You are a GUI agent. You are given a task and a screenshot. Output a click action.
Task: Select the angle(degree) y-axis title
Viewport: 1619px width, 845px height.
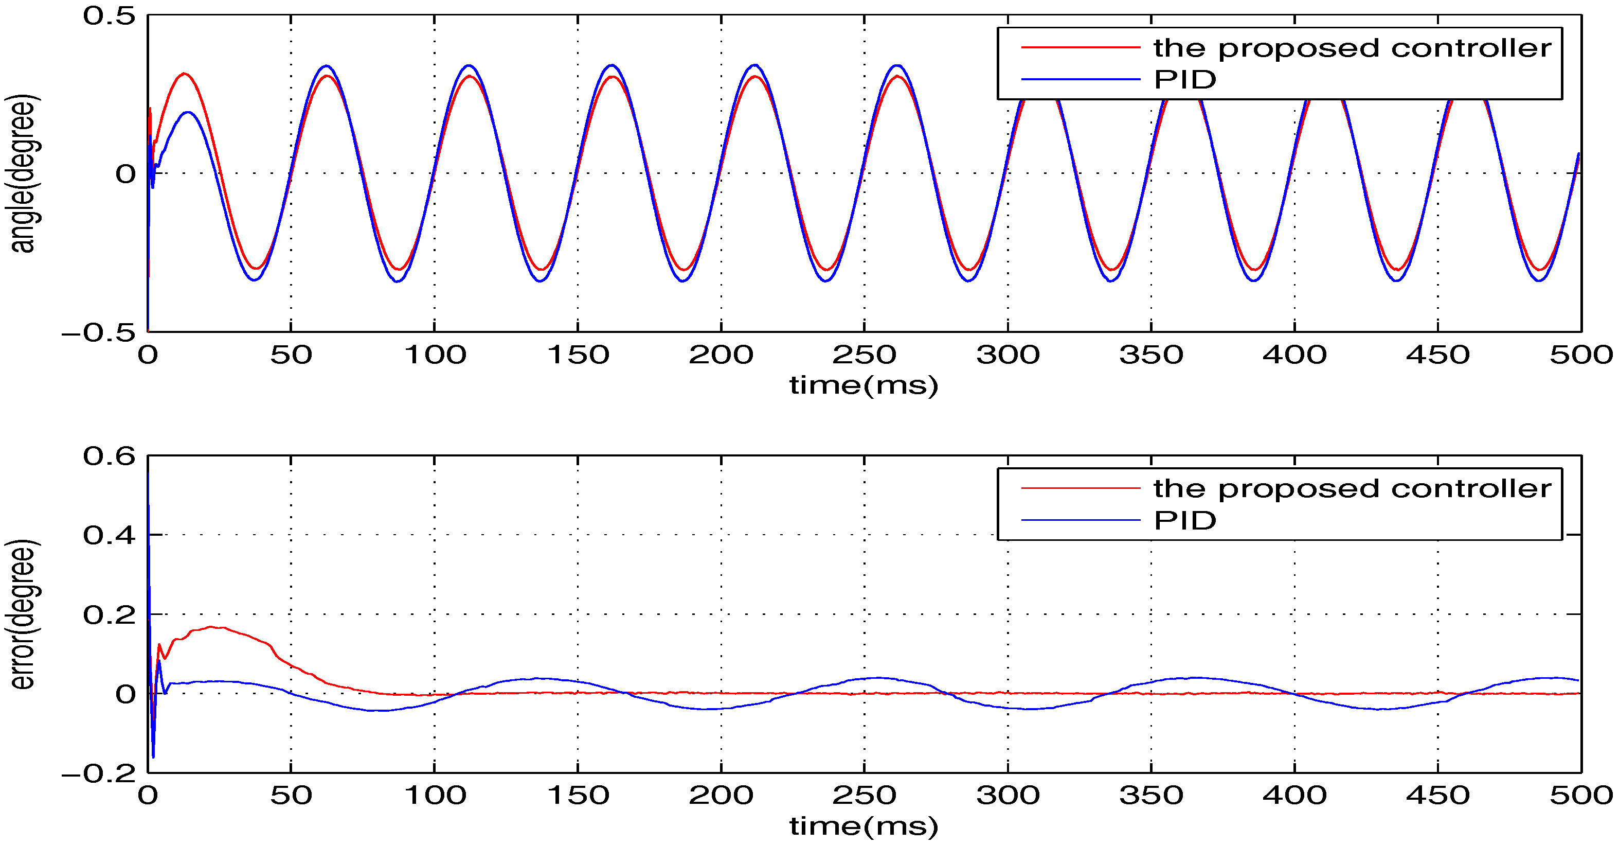coord(23,173)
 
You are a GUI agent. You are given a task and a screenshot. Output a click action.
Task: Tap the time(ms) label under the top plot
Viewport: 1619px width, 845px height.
coord(864,385)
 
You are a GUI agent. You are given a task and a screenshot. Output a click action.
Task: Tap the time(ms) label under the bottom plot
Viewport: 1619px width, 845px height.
coord(864,825)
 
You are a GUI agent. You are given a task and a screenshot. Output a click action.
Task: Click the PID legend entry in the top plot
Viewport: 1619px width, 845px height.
coord(1185,80)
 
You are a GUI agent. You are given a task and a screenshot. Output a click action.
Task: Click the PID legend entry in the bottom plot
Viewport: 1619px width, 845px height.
coord(1185,521)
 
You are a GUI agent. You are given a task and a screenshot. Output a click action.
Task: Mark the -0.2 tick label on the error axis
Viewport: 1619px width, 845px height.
coord(99,773)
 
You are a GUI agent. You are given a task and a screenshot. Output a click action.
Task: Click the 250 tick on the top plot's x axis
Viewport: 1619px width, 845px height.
coord(864,355)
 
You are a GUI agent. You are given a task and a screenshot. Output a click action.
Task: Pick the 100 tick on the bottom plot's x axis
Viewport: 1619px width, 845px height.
coord(434,796)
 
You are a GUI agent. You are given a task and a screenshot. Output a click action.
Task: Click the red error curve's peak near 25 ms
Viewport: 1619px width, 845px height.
coord(212,627)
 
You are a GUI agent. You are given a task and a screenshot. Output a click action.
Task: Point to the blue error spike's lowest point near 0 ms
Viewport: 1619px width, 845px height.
coord(153,757)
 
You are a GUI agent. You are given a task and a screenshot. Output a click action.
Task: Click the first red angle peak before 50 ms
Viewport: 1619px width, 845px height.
coord(184,74)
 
